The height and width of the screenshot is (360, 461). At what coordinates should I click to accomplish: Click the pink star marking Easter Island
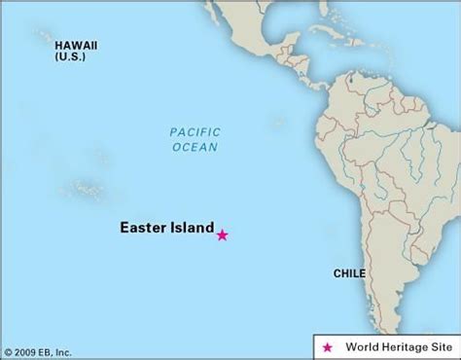pyautogui.click(x=223, y=234)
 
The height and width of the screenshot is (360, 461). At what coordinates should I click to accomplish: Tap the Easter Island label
pyautogui.click(x=166, y=231)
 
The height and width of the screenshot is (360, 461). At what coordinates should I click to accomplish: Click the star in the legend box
pyautogui.click(x=328, y=346)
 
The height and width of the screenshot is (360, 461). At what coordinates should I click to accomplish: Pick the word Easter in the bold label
pyautogui.click(x=142, y=231)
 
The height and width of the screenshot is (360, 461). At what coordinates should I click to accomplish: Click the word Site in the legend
pyautogui.click(x=439, y=346)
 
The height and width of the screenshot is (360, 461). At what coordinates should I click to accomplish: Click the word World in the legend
pyautogui.click(x=359, y=346)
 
